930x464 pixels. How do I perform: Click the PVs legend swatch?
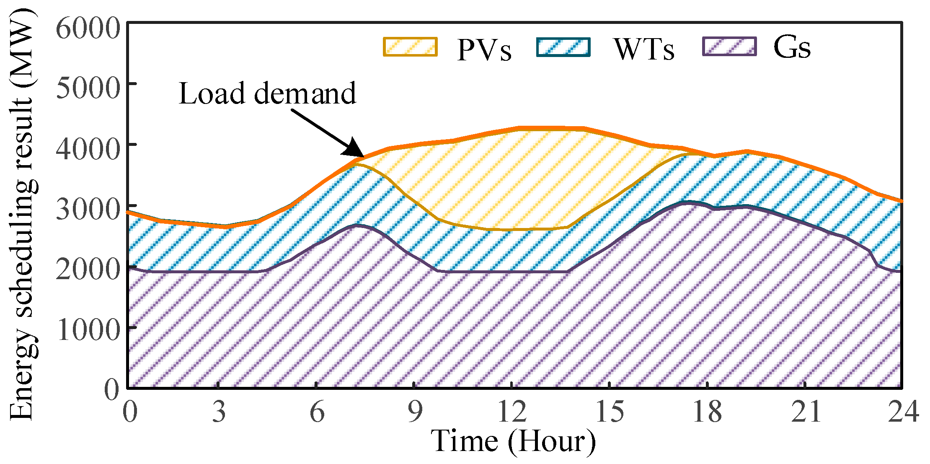coord(410,47)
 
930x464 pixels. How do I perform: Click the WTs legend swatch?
coord(563,47)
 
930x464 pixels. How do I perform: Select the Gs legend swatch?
coord(729,47)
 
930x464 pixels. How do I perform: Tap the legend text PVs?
coord(484,50)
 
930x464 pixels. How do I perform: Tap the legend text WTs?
coord(644,49)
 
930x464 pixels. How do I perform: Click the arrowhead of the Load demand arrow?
coord(356,150)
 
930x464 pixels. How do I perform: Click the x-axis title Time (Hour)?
coord(513,441)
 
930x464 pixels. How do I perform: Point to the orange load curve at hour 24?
coord(901,201)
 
